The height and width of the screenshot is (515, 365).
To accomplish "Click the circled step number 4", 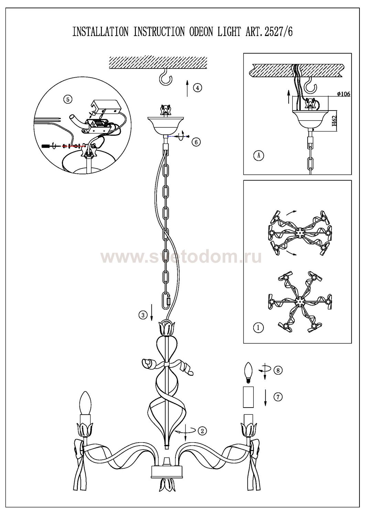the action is click(x=198, y=88).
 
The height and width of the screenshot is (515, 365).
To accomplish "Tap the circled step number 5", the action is click(x=67, y=99).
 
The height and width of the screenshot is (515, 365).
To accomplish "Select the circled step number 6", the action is click(x=196, y=142).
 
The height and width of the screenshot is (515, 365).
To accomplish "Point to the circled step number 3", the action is click(x=143, y=315).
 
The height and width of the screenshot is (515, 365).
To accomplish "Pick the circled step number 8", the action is click(x=278, y=370).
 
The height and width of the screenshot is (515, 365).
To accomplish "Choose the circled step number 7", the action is click(x=278, y=397).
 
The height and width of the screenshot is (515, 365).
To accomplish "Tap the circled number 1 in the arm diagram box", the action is click(x=258, y=328).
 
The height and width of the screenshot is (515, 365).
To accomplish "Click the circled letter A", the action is click(x=259, y=156).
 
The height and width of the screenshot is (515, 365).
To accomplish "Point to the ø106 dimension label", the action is click(x=343, y=94).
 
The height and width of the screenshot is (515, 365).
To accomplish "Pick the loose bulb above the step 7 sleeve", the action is click(x=248, y=373).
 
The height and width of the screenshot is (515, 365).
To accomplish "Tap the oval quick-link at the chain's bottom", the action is click(x=167, y=300).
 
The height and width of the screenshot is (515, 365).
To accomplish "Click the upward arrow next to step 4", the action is click(x=187, y=88).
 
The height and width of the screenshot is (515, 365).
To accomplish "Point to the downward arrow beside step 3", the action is click(x=152, y=312).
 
